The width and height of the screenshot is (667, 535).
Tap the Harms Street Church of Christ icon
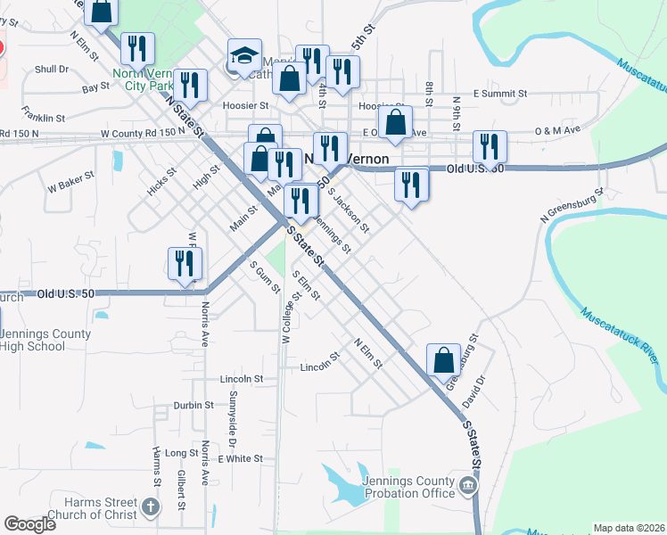click(151, 508)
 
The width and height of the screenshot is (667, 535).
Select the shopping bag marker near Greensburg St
click(443, 361)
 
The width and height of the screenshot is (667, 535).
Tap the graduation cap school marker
click(243, 57)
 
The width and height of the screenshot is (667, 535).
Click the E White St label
click(240, 458)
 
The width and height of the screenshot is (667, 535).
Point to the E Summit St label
click(500, 93)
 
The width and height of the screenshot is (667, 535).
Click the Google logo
click(30, 524)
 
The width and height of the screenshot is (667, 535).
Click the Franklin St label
click(44, 118)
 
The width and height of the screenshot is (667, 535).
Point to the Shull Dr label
click(52, 69)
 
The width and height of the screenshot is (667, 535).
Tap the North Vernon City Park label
click(145, 79)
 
